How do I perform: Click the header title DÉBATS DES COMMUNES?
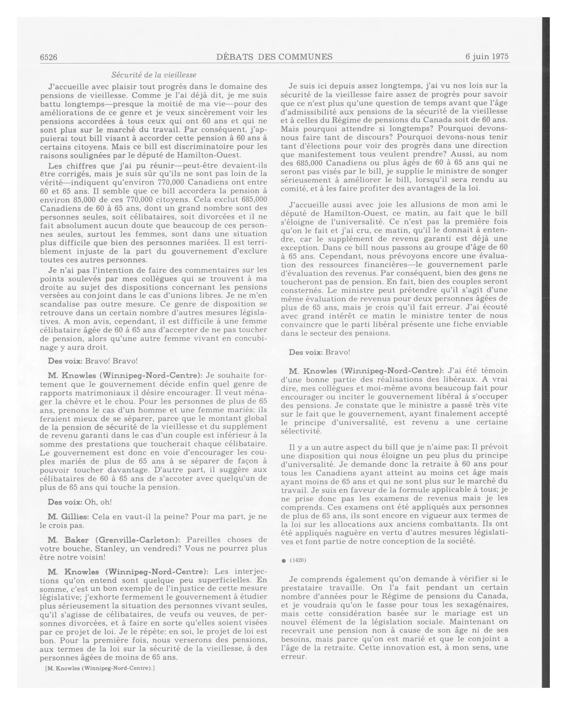coord(274,57)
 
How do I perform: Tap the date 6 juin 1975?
coord(487,57)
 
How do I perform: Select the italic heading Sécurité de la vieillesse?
coord(154,75)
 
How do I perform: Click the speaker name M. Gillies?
coord(68,517)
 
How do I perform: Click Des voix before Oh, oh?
coord(65,502)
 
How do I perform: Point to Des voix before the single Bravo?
coord(306,352)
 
